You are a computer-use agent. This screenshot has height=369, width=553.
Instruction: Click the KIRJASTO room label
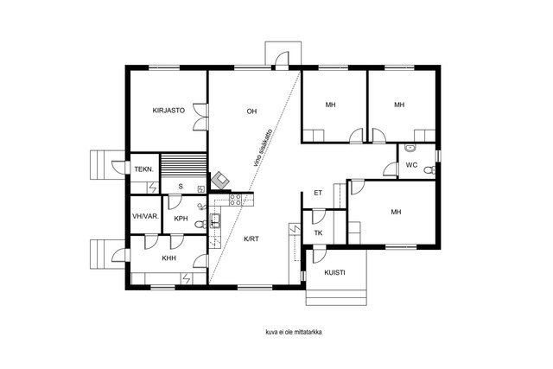[x=168, y=111]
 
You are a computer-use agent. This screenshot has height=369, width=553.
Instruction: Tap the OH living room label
[x=251, y=111]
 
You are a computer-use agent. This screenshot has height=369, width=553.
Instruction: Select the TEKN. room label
[x=144, y=169]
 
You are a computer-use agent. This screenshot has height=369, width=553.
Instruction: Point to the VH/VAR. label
[x=146, y=216]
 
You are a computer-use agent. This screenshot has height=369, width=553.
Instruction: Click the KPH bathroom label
[x=181, y=219]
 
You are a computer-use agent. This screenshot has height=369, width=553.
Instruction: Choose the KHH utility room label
[x=169, y=258]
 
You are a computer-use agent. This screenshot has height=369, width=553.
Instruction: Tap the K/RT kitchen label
[x=251, y=239]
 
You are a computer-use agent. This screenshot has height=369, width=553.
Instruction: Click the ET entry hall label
[x=318, y=193]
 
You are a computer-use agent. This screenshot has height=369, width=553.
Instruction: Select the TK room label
[x=319, y=232]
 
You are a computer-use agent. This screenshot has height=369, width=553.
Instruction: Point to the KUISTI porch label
[x=334, y=273]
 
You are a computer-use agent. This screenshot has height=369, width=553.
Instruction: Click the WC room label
[x=411, y=165]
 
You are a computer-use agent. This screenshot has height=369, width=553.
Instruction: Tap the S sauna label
[x=181, y=187]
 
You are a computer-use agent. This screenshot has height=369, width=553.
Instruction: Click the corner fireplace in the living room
[x=220, y=181]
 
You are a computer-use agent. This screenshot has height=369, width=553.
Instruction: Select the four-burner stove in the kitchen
[x=236, y=200]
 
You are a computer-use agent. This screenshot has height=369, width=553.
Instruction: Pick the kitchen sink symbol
[x=215, y=221]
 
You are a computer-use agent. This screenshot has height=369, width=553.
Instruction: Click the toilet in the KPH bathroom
[x=201, y=224]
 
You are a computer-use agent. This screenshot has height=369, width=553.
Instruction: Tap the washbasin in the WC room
[x=410, y=148]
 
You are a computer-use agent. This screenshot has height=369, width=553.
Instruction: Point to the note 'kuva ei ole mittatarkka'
[x=294, y=332]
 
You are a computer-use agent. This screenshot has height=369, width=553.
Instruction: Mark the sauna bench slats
[x=183, y=165]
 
